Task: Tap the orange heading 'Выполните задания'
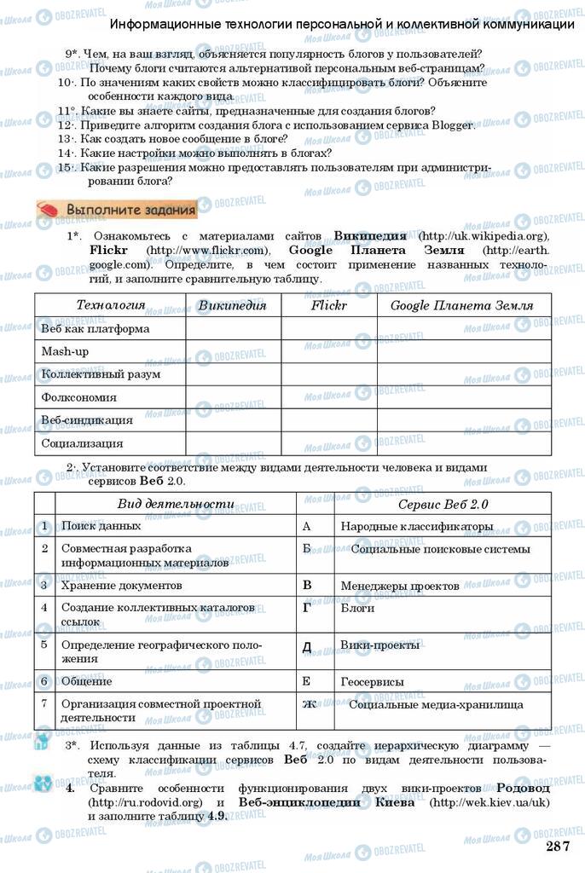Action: [x=118, y=209]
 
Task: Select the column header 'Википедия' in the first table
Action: [x=232, y=305]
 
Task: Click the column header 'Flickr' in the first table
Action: [x=328, y=305]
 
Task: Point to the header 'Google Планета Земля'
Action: [x=461, y=305]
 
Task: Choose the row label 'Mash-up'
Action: [x=66, y=351]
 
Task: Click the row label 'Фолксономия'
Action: [x=79, y=397]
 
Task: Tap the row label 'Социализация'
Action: [x=82, y=443]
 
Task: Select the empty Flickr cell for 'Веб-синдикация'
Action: [x=329, y=420]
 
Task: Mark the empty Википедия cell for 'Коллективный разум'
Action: [x=233, y=374]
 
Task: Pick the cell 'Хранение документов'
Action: [x=122, y=587]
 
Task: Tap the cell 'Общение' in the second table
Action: [x=86, y=682]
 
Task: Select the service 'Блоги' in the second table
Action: [x=357, y=610]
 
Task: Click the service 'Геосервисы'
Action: [x=372, y=682]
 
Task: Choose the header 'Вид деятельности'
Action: [x=175, y=504]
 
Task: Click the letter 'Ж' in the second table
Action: [x=310, y=704]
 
